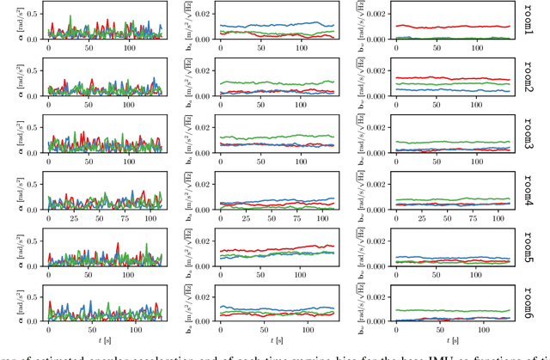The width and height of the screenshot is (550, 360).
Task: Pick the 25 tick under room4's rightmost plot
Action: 419,218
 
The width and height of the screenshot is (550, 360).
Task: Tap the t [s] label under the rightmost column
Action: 453,341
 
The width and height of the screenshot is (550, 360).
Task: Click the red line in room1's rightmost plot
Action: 447,26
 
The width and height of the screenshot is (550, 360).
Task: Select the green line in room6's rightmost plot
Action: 447,310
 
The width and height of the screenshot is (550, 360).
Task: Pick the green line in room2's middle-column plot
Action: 275,83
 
